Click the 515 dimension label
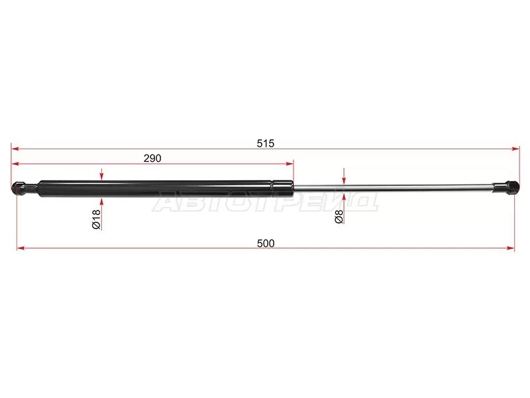[x=266, y=143]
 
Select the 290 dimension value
[x=152, y=158]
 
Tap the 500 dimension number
[x=266, y=243]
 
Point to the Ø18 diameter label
[x=97, y=219]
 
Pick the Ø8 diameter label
[x=339, y=217]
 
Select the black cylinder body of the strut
[x=152, y=188]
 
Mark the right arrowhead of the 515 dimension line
[x=515, y=149]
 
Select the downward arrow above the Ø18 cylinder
[x=101, y=175]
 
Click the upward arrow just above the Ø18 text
[x=101, y=201]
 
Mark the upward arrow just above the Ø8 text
[x=343, y=197]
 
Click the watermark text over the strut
[x=265, y=202]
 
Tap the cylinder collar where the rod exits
[x=282, y=188]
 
